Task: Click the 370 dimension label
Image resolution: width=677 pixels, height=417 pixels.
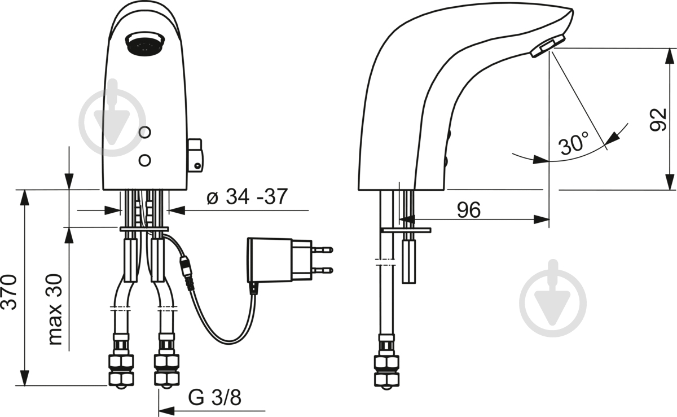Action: pos(8,292)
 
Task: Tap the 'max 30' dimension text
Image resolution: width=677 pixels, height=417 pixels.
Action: pos(55,309)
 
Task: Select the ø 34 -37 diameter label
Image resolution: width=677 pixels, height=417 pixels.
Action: pos(247,196)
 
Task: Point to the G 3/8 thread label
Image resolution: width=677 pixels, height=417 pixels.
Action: pos(214,397)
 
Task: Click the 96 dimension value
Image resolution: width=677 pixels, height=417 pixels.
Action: pos(468,209)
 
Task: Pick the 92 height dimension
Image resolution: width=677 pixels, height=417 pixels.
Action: pos(658,119)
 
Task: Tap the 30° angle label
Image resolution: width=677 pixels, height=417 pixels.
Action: pos(573,142)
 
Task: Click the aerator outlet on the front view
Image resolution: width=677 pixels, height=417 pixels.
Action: pos(145,43)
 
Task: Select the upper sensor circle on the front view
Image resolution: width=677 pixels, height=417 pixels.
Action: pos(145,132)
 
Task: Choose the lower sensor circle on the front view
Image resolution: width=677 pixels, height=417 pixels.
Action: pos(145,160)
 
